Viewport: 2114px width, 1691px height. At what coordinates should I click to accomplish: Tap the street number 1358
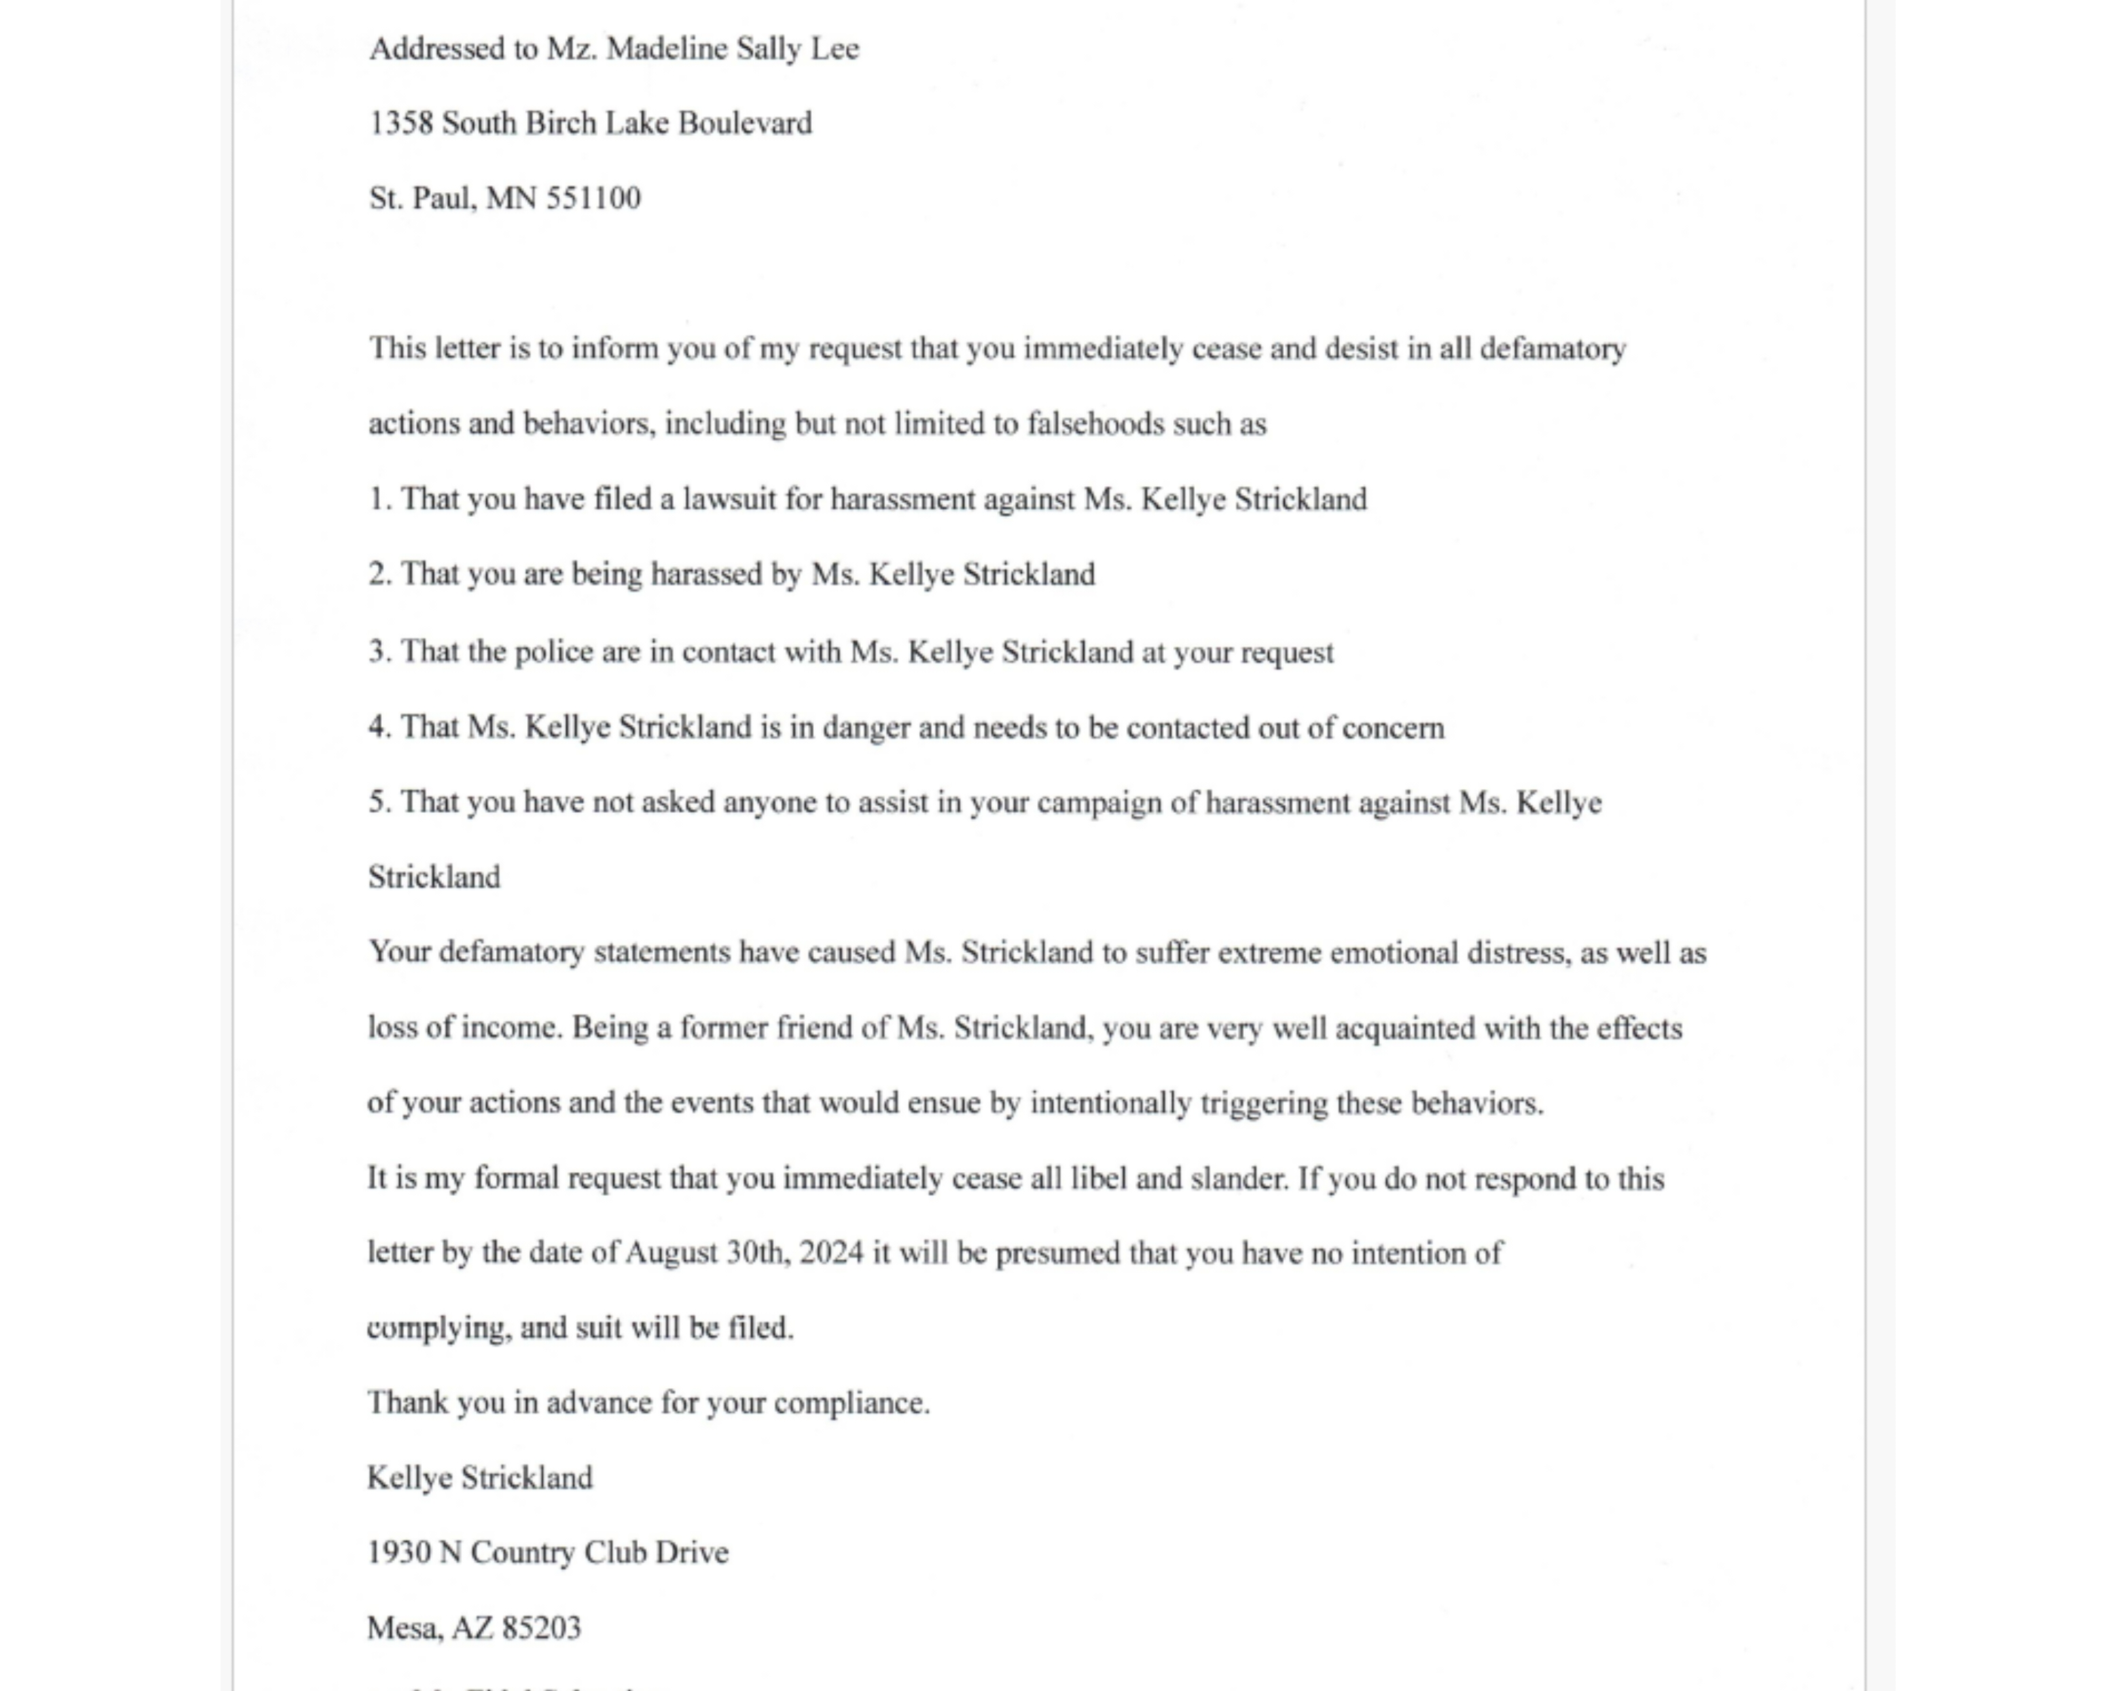[401, 124]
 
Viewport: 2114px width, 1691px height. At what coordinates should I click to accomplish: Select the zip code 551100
[592, 199]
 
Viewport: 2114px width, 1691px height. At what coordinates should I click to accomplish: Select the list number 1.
[378, 500]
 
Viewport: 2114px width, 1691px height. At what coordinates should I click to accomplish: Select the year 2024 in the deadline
[831, 1254]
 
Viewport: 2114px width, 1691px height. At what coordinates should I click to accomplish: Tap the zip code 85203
[541, 1629]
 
